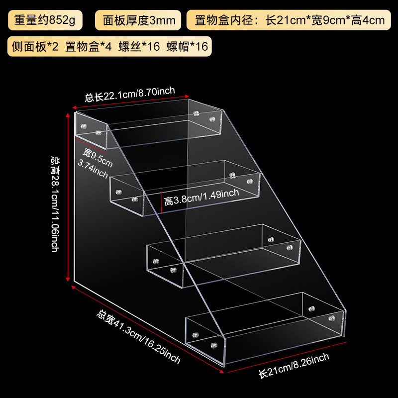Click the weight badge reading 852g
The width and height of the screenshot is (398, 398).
[44, 20]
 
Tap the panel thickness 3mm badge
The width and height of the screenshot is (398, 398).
[139, 20]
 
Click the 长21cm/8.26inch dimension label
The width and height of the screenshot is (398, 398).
[294, 364]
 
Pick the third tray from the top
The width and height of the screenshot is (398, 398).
[224, 254]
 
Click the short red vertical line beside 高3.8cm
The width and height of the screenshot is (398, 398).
[162, 200]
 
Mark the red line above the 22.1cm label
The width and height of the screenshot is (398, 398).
[131, 101]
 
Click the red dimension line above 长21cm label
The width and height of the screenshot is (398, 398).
[284, 355]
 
